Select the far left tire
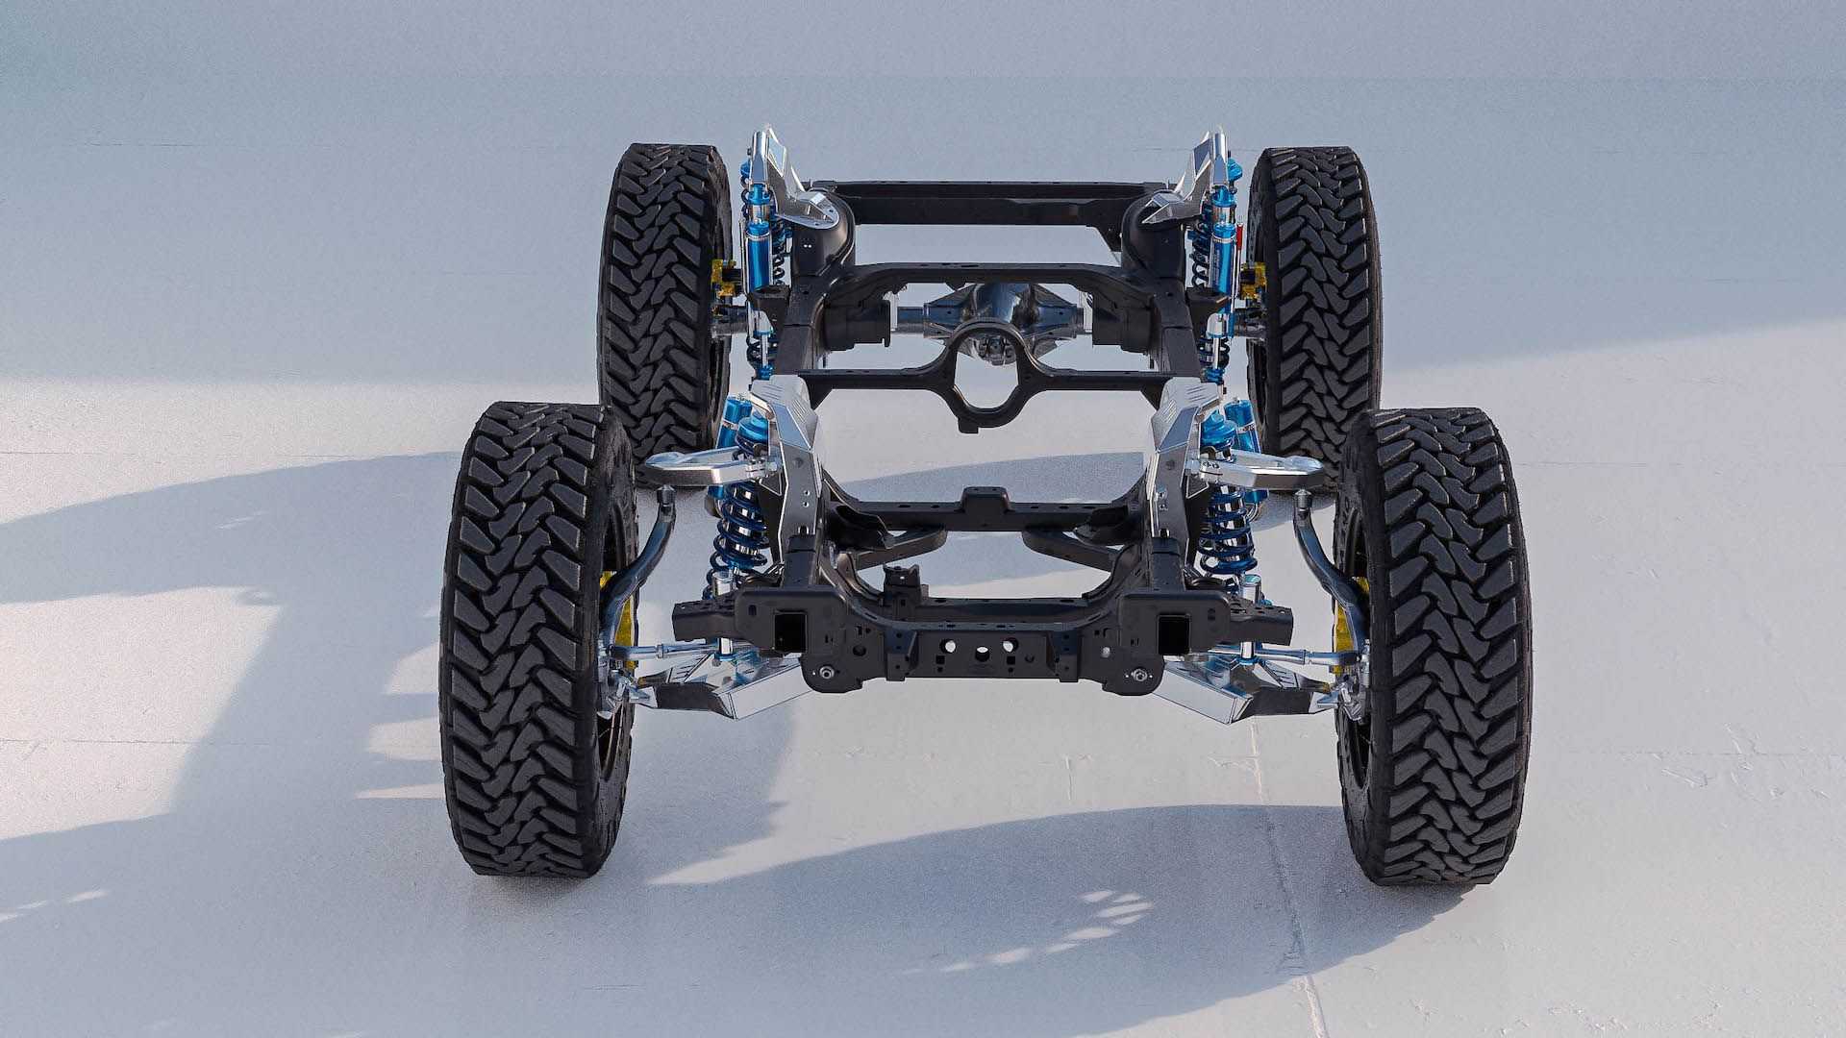point(663,288)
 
